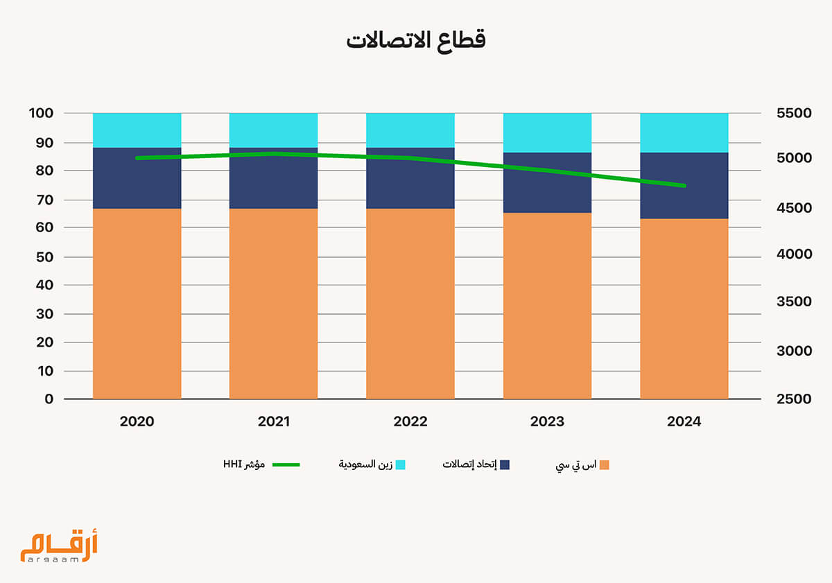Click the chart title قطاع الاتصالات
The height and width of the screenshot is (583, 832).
tap(415, 40)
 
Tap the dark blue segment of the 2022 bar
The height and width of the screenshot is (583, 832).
tap(410, 178)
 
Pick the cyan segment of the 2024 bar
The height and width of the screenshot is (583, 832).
tap(684, 132)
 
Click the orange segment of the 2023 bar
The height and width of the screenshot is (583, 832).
tap(547, 306)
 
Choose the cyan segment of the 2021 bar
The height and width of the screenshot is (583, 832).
tap(273, 130)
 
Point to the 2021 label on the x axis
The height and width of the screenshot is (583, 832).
tap(273, 421)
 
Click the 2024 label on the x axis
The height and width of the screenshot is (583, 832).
tap(684, 421)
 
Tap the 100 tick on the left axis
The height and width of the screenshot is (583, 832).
tap(41, 113)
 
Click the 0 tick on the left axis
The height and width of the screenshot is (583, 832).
tap(49, 399)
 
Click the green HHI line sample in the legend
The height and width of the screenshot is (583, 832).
tap(286, 464)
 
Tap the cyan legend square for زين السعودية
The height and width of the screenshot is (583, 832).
tap(400, 464)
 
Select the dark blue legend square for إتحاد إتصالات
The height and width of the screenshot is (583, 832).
tap(505, 464)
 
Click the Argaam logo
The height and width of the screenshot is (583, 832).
tap(59, 544)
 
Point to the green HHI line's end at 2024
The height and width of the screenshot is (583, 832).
tap(684, 185)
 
